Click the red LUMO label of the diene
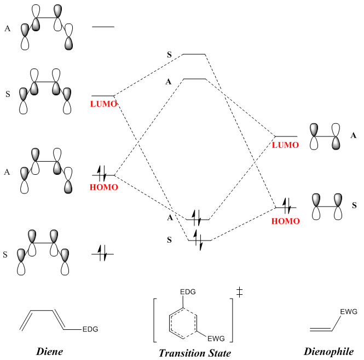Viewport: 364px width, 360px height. point(103,104)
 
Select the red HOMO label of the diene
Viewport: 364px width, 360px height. point(104,187)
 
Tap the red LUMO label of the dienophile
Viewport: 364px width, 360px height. point(285,145)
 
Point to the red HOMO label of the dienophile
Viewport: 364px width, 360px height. point(286,221)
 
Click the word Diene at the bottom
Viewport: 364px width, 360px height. point(49,351)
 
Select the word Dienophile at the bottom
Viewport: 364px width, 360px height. point(329,352)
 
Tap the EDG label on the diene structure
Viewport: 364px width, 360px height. point(90,329)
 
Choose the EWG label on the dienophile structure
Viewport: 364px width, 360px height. point(349,312)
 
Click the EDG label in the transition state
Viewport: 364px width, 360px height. point(188,292)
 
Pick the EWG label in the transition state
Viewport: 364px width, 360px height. point(216,339)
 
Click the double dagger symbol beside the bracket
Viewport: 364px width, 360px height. point(239,293)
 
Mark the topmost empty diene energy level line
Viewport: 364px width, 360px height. point(103,27)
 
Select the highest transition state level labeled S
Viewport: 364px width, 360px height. point(194,54)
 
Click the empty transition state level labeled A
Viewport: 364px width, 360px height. point(195,79)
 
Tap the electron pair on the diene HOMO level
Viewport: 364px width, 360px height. point(101,173)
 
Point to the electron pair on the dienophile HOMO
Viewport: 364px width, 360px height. point(287,205)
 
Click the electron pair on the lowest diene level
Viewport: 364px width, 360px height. point(102,253)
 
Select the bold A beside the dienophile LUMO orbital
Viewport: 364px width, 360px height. point(353,135)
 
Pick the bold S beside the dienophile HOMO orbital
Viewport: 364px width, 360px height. point(354,205)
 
